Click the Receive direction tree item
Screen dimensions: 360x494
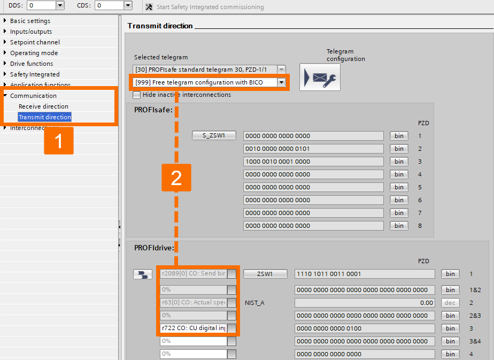click(x=43, y=106)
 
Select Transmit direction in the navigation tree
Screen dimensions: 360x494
click(x=45, y=117)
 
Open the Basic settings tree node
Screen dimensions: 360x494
click(x=30, y=21)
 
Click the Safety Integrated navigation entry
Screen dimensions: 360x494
click(x=35, y=74)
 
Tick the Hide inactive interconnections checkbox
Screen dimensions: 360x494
click(x=137, y=95)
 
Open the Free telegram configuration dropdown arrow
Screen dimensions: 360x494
click(x=281, y=82)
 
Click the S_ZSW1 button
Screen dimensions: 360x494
click(x=214, y=136)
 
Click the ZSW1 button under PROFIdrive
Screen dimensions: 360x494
click(x=265, y=274)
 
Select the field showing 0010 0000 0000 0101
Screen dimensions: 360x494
click(x=313, y=149)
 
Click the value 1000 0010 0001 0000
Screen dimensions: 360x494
click(x=313, y=162)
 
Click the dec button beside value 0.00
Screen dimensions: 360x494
click(x=450, y=303)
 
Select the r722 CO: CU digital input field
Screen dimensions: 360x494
click(x=193, y=328)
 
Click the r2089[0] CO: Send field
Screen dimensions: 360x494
click(x=193, y=274)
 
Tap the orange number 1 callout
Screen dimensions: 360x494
click(x=59, y=141)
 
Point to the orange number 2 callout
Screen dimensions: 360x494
click(x=176, y=178)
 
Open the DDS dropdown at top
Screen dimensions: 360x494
click(x=60, y=5)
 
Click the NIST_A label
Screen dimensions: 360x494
click(x=254, y=303)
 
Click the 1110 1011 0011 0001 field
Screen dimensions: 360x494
click(x=365, y=274)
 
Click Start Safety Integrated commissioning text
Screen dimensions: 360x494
click(x=210, y=7)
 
